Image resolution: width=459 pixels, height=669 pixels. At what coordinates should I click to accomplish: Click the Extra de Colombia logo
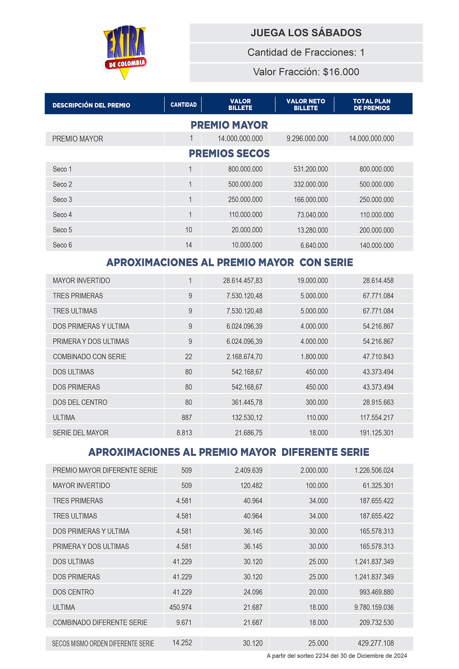(x=125, y=52)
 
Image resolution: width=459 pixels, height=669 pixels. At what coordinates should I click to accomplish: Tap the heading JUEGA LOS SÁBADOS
(x=306, y=33)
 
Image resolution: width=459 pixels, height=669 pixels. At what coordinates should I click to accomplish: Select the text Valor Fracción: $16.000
(x=306, y=72)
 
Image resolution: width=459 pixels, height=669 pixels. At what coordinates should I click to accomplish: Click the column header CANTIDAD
(x=184, y=105)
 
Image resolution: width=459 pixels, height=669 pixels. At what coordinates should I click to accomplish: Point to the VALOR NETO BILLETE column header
(x=306, y=105)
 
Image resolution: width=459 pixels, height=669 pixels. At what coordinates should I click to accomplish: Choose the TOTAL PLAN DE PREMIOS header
(x=371, y=105)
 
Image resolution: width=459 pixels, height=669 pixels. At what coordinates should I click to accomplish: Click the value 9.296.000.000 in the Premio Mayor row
(x=307, y=138)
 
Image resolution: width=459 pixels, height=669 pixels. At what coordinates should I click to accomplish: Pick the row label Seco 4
(x=62, y=215)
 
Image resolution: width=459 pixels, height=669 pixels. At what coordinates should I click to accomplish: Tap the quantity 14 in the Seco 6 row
(x=189, y=245)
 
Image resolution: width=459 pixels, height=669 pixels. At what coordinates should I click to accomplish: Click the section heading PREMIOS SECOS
(x=229, y=154)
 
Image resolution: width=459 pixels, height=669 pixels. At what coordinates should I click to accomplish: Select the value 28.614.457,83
(x=243, y=281)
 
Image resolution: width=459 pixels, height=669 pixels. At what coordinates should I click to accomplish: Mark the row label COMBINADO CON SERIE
(x=90, y=357)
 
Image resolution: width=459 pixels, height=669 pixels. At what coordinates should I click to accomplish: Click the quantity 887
(x=187, y=418)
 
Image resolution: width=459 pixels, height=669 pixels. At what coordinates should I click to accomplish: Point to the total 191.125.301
(x=376, y=433)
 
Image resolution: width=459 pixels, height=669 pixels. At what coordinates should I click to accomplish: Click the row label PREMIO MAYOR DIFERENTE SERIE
(x=105, y=470)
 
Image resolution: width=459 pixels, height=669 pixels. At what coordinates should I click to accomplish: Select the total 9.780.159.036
(x=374, y=608)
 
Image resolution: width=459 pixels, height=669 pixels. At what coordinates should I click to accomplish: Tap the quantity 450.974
(x=180, y=608)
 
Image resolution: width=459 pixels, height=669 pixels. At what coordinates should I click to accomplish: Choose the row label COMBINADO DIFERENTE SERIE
(x=100, y=623)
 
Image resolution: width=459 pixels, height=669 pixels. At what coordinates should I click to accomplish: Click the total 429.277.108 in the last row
(x=375, y=643)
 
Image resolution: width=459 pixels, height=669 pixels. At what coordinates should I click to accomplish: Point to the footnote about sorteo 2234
(x=336, y=656)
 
